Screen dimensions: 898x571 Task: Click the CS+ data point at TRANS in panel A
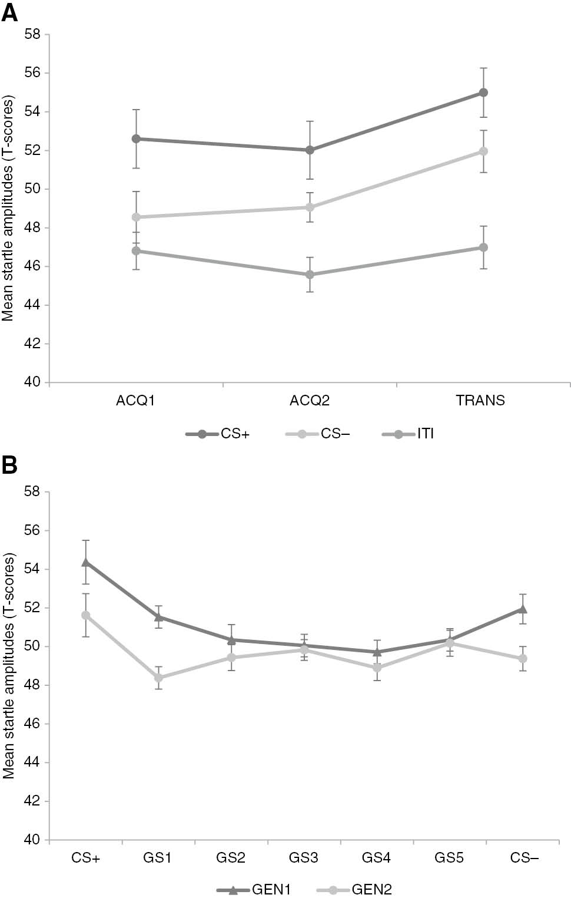point(483,93)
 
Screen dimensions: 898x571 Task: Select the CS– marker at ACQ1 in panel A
point(136,217)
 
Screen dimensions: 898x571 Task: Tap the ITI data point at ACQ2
point(310,275)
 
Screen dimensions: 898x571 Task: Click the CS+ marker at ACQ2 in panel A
point(310,150)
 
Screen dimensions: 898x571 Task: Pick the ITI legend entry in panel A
point(409,434)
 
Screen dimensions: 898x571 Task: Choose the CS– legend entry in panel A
point(317,434)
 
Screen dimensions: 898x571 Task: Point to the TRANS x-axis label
point(480,401)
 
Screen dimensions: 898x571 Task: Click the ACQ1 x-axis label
point(135,401)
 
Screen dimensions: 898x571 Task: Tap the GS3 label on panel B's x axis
point(303,858)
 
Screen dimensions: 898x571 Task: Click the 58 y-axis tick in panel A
point(33,34)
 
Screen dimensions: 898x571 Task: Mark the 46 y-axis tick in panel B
point(33,724)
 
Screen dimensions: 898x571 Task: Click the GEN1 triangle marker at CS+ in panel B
point(86,562)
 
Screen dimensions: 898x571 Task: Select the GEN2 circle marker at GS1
point(159,678)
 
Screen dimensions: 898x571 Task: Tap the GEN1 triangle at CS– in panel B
point(523,609)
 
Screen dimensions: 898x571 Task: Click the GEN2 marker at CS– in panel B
point(523,658)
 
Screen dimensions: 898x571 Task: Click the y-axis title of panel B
point(8,666)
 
